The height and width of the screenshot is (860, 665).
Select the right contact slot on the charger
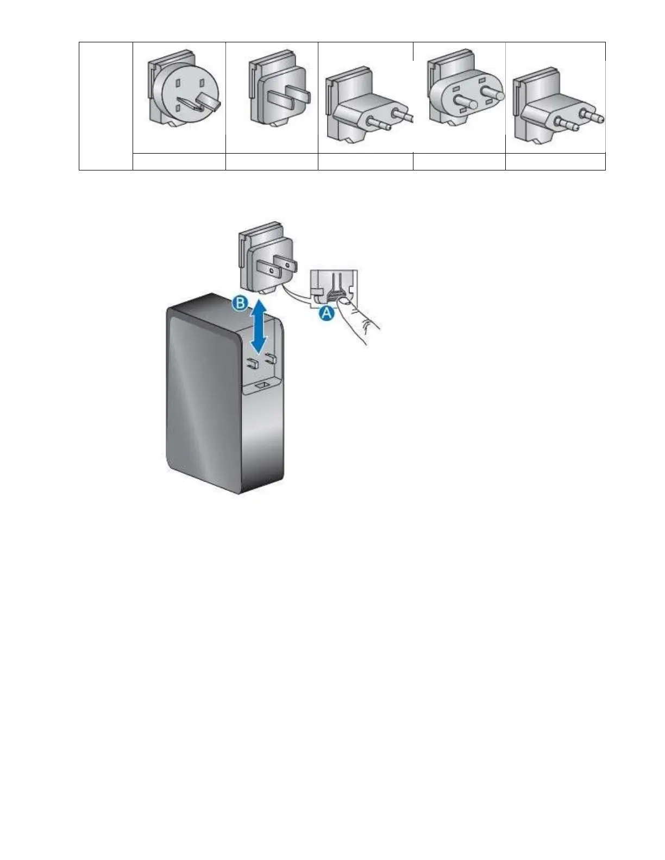(268, 359)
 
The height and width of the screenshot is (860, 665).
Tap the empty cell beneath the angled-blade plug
(179, 162)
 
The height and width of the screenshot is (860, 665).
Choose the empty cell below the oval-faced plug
(459, 162)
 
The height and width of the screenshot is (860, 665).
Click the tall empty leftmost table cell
(106, 106)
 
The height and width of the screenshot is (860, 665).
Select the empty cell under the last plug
(555, 162)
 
